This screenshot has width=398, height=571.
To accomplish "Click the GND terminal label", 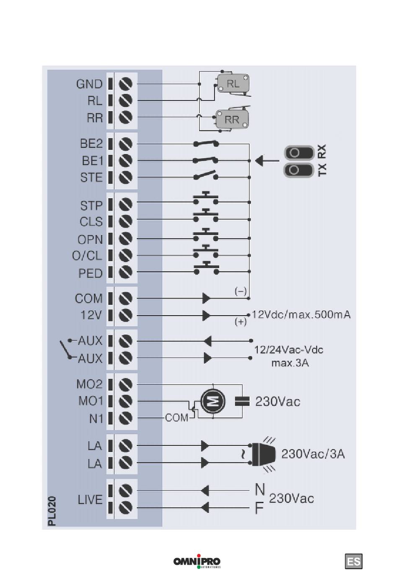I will pyautogui.click(x=89, y=84).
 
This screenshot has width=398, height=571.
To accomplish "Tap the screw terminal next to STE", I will pyautogui.click(x=126, y=177).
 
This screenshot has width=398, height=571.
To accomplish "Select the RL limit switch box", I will pyautogui.click(x=233, y=83).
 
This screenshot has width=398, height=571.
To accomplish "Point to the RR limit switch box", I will pyautogui.click(x=232, y=120).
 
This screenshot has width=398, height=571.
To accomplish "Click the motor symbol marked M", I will pyautogui.click(x=213, y=401).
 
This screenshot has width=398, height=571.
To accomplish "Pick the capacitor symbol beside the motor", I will pyautogui.click(x=242, y=401).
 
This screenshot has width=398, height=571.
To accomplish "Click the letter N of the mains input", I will pyautogui.click(x=260, y=489).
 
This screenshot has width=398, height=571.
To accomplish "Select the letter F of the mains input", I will pyautogui.click(x=259, y=508).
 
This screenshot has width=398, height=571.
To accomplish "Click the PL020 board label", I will pyautogui.click(x=52, y=511).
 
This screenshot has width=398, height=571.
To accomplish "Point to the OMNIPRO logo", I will pyautogui.click(x=197, y=561).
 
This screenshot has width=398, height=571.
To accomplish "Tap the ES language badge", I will pyautogui.click(x=354, y=561).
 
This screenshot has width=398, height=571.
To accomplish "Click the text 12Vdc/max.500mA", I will pyautogui.click(x=301, y=314).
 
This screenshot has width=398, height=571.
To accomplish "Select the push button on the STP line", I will pyautogui.click(x=206, y=199).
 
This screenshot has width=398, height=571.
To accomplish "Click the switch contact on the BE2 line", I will pyautogui.click(x=206, y=144).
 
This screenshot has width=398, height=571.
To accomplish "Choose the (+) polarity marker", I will pyautogui.click(x=240, y=322).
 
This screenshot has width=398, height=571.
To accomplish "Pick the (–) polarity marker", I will pyautogui.click(x=240, y=291).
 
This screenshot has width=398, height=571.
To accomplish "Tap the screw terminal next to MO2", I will pyautogui.click(x=126, y=384).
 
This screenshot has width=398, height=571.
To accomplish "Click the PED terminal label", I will pyautogui.click(x=90, y=273).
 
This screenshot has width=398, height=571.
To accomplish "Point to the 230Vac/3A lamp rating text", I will pyautogui.click(x=313, y=454).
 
